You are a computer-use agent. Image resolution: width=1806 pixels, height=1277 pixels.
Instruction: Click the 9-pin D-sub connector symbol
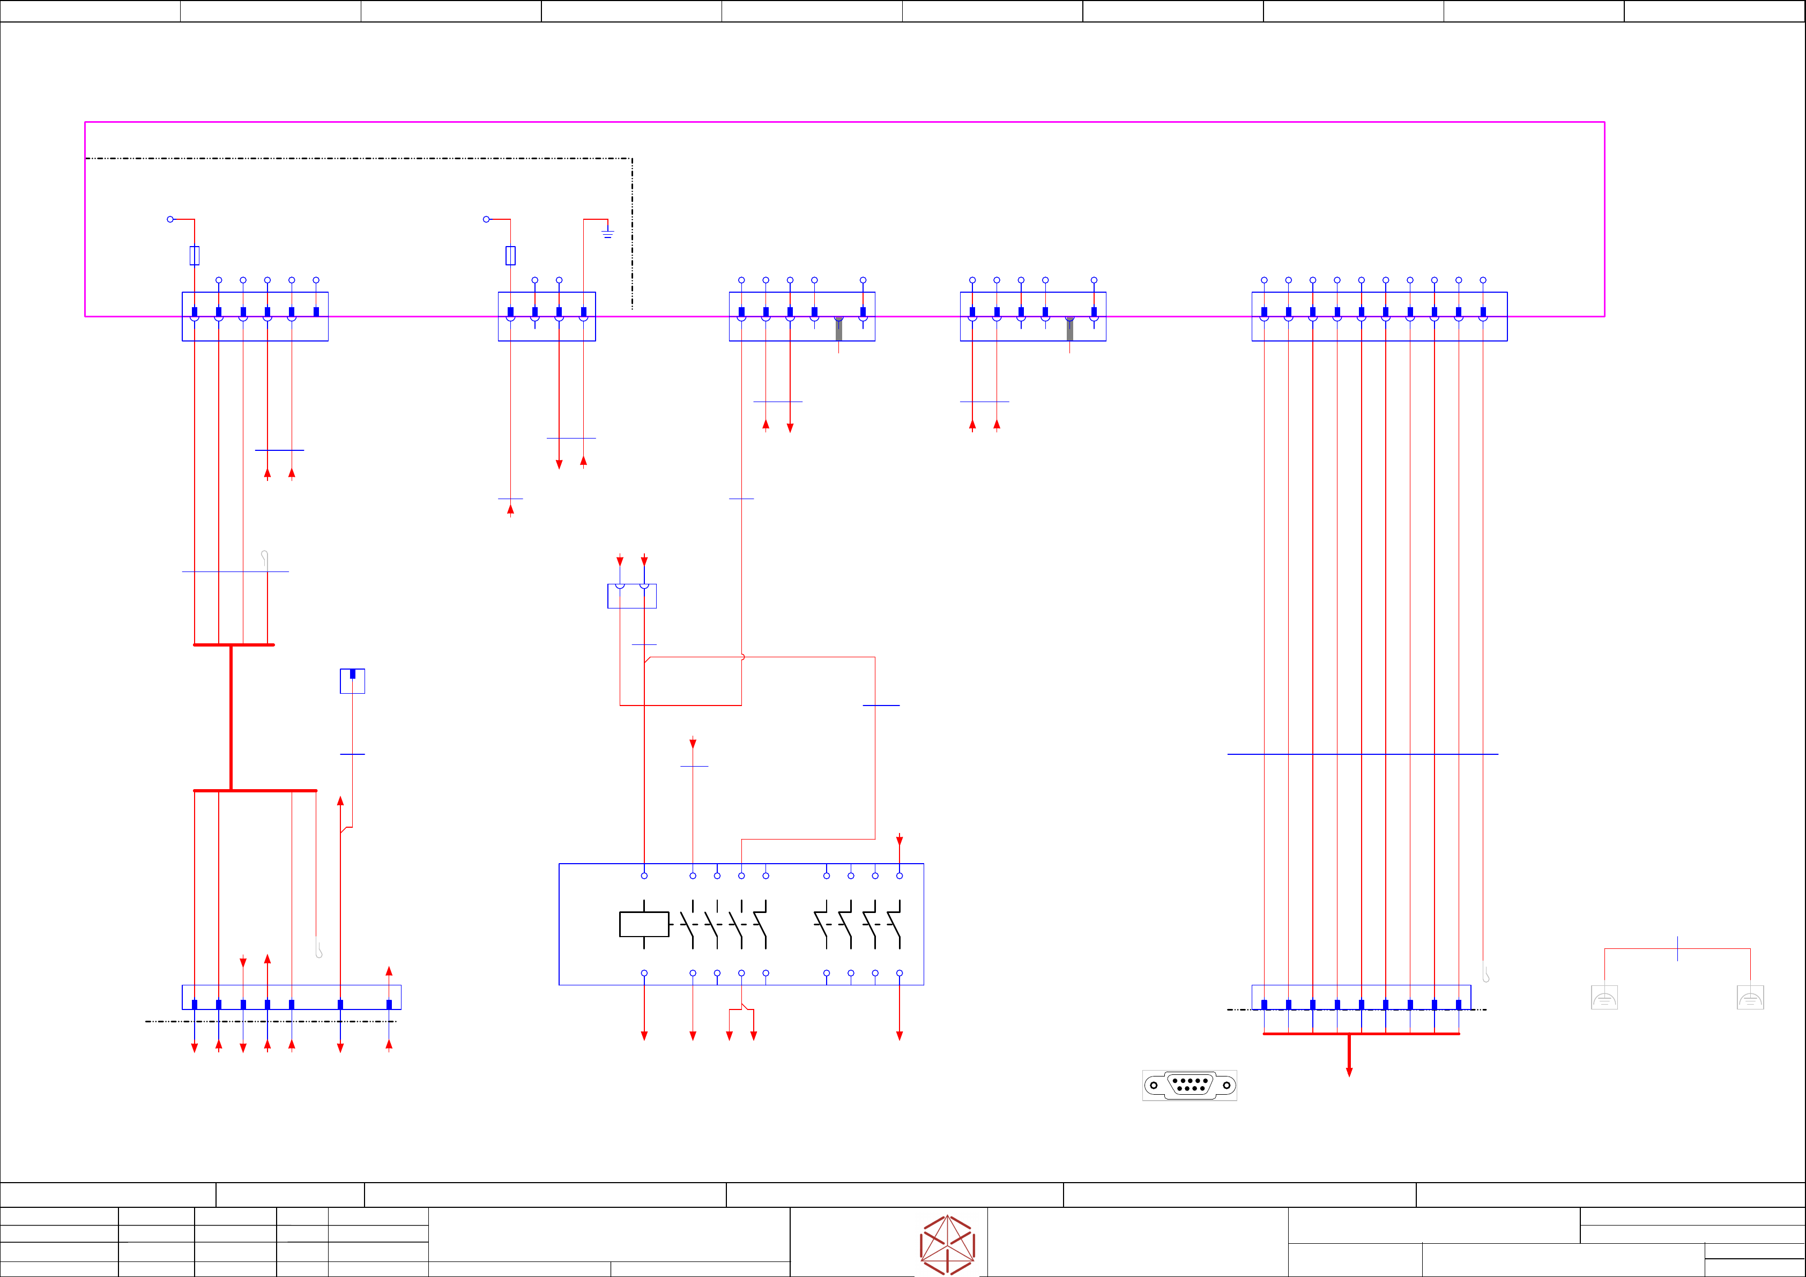pos(1190,1085)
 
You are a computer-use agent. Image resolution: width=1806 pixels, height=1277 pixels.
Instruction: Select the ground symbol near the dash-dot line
pos(607,233)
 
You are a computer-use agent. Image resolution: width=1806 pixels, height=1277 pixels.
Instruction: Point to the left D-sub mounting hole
pos(1154,1085)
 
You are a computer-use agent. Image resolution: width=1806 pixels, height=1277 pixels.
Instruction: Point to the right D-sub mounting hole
pos(1227,1085)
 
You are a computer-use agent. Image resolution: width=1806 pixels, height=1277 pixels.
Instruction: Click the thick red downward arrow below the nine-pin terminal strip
pos(1349,1058)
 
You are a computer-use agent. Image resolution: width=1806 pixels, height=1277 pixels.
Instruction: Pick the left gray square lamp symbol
pos(1604,998)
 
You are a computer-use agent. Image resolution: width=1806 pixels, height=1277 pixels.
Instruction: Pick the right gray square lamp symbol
pos(1750,998)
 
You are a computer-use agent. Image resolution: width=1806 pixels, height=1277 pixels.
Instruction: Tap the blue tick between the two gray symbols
pos(1678,948)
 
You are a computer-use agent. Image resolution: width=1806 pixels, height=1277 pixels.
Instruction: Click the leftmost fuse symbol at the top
pos(194,255)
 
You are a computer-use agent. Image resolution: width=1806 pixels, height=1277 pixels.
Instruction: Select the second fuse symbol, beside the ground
pos(510,255)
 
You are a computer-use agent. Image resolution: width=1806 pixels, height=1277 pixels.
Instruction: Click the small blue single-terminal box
pos(352,681)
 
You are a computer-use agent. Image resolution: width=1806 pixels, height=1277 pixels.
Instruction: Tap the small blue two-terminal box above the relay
pos(631,596)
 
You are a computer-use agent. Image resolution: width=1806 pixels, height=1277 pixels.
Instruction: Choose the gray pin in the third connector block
pos(838,328)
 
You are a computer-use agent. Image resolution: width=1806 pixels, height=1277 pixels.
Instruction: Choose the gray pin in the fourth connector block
pos(1070,328)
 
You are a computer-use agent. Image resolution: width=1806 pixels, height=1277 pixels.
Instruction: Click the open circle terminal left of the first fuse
pos(170,219)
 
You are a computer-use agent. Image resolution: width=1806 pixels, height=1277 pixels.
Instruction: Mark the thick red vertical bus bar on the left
pos(231,717)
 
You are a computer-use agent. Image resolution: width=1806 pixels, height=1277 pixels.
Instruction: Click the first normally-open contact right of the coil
pos(687,924)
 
